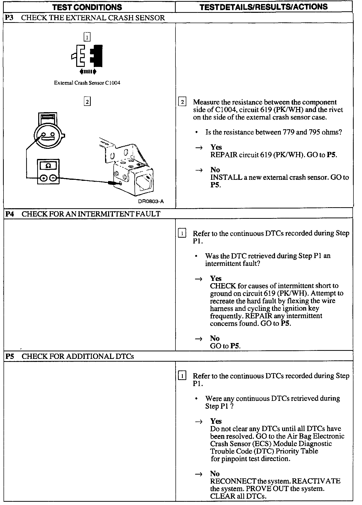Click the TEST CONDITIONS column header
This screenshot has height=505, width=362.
tap(87, 7)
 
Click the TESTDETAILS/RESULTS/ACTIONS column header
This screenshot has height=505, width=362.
tap(263, 7)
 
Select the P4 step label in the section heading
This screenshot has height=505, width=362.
tap(10, 214)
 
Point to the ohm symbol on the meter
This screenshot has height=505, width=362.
tap(49, 166)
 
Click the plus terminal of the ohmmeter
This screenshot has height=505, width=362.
tap(44, 178)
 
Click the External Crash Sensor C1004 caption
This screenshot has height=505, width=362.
tap(87, 83)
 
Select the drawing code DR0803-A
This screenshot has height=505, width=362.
tap(151, 201)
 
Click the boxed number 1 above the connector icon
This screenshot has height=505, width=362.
tap(87, 37)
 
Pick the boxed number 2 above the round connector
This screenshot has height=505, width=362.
tap(87, 102)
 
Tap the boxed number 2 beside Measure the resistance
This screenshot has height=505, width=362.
tap(182, 102)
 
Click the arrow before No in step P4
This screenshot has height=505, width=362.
tap(199, 339)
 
